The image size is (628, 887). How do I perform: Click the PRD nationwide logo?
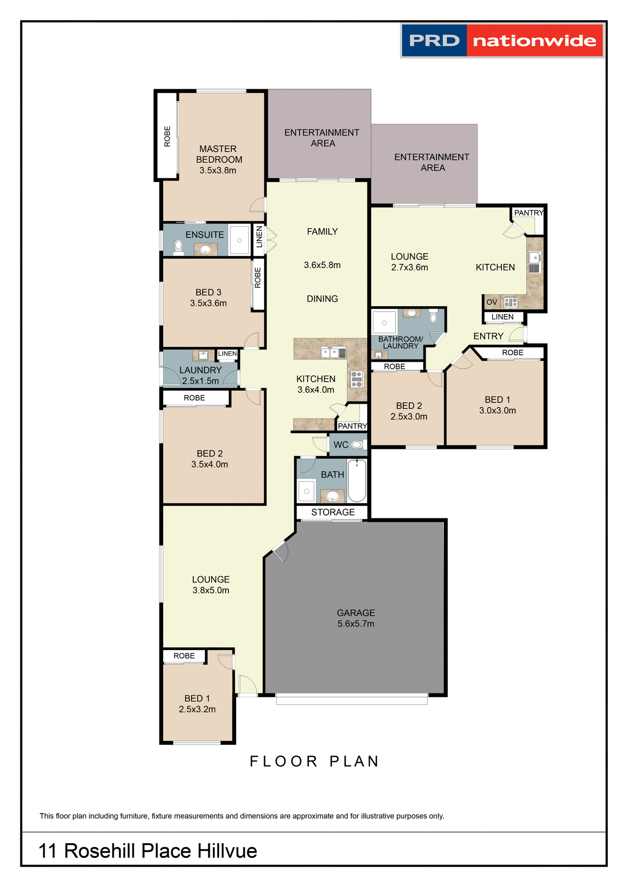tap(502, 41)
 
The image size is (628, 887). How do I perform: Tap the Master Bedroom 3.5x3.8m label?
tap(218, 159)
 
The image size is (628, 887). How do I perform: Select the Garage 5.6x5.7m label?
tap(356, 618)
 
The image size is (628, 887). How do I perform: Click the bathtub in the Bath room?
tap(357, 480)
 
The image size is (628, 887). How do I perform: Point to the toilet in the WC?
tap(357, 445)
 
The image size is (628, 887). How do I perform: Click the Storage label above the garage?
tap(332, 512)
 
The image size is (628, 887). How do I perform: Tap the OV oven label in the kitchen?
tap(492, 302)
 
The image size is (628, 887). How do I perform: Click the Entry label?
tap(488, 336)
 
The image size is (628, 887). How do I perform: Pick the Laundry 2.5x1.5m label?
tap(200, 375)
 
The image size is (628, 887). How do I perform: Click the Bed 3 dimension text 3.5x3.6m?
tap(208, 304)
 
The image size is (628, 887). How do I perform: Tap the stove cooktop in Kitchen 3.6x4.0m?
tap(357, 379)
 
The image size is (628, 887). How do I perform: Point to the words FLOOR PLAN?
tap(314, 761)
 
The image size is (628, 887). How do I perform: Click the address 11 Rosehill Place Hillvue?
tap(148, 851)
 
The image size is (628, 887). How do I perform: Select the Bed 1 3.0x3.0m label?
tap(497, 405)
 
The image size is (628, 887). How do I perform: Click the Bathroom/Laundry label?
tap(400, 342)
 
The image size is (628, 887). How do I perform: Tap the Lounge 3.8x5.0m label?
tap(211, 585)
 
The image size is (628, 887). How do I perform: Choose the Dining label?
tap(322, 299)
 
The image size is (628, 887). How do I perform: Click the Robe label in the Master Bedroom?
tap(167, 136)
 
